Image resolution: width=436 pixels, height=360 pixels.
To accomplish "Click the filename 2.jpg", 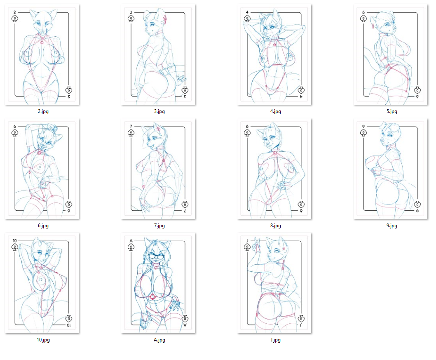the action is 43,112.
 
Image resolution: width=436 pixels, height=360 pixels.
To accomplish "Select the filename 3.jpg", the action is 159,112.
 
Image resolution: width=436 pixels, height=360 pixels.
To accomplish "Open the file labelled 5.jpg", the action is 392,112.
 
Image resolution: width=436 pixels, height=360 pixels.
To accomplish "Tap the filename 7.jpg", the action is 159,226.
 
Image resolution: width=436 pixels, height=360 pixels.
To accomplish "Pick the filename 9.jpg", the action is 392,226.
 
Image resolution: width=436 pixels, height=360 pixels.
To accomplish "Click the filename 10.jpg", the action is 43,340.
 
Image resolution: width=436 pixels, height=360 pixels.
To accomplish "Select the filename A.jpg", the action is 159,340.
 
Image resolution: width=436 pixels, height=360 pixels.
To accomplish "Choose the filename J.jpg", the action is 276,340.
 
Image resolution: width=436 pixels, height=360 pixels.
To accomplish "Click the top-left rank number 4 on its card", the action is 247,12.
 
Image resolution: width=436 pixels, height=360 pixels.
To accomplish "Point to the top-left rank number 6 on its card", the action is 15,126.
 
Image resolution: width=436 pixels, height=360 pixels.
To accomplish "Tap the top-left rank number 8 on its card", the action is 247,126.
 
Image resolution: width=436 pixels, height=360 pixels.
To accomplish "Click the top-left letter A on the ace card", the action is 131,241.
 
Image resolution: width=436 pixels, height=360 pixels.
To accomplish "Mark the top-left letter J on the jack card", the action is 247,241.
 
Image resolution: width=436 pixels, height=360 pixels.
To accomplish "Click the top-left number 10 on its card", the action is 15,241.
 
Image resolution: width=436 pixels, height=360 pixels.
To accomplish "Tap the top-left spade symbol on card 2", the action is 15,19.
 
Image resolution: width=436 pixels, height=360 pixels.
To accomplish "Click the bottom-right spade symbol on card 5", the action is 417,90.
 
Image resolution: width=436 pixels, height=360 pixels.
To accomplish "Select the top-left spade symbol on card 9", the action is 363,133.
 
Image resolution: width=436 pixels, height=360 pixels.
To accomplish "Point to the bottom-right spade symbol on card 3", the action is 185,90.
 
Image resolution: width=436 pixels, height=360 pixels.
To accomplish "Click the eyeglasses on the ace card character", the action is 157,256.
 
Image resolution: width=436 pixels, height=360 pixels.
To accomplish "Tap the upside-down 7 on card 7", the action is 185,211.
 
